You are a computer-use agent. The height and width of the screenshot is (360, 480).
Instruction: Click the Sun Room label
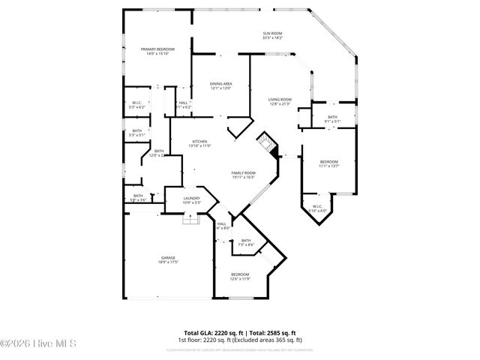(272, 33)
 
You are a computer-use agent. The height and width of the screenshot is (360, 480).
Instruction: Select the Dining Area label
(220, 84)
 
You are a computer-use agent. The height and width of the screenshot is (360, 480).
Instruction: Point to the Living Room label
(280, 100)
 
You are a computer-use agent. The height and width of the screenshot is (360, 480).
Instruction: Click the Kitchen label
(199, 141)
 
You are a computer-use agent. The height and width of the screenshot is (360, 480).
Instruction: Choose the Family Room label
(243, 173)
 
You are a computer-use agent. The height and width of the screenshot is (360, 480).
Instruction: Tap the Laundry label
(191, 198)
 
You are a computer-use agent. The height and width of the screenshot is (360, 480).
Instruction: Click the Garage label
(168, 257)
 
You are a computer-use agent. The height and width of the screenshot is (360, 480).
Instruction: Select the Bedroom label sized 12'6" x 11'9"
(240, 274)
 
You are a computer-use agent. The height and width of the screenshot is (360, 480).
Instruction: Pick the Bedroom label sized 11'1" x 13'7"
(329, 162)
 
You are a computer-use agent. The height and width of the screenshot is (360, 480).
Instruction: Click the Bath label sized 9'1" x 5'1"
(332, 117)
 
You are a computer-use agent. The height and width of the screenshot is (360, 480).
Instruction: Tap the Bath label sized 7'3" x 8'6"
(246, 241)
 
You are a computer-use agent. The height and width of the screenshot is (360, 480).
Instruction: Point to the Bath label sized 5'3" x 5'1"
(137, 131)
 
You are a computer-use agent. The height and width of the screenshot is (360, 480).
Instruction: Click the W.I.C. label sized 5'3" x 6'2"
(137, 103)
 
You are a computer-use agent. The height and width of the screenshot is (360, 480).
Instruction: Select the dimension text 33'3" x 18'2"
(272, 37)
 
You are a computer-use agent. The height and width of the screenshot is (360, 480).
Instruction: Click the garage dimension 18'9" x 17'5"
(168, 262)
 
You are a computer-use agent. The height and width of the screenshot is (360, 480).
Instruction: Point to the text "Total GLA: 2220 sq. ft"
(211, 332)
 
